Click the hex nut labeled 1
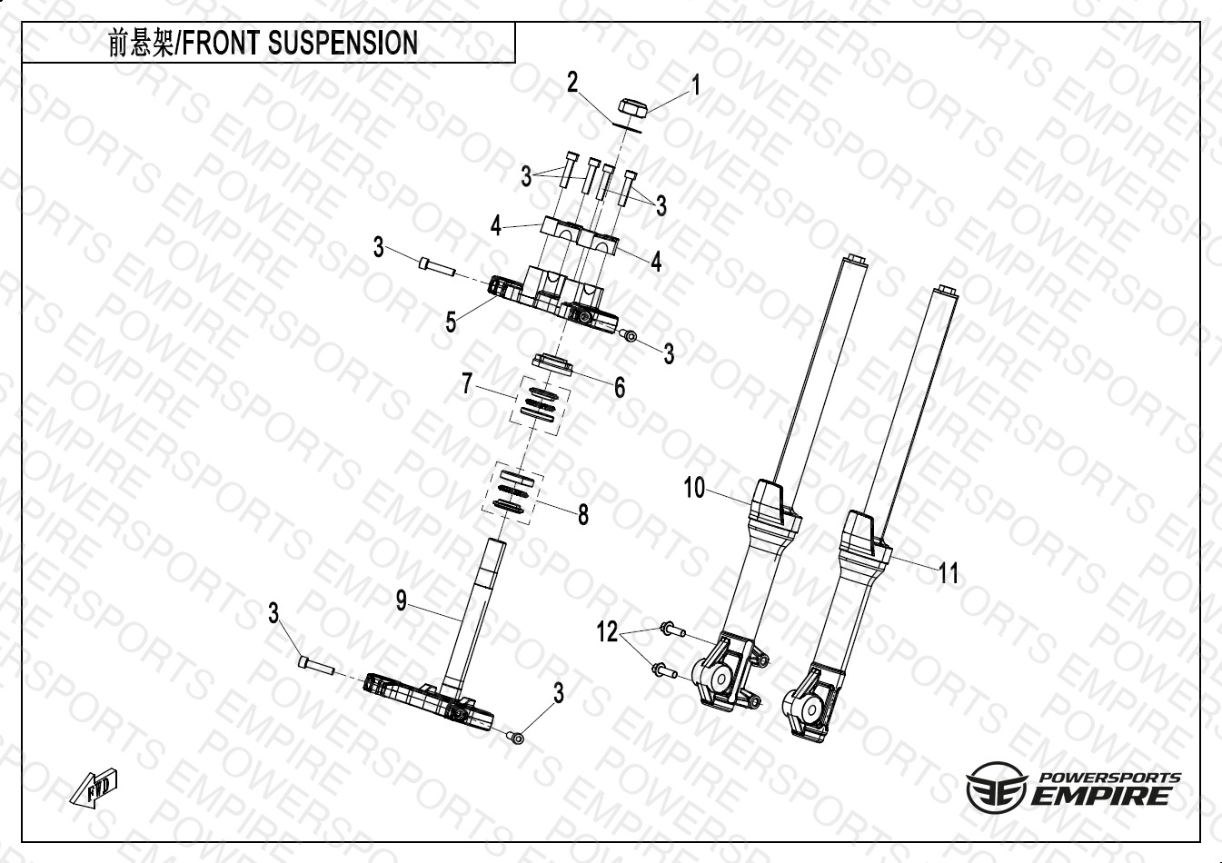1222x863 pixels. point(631,106)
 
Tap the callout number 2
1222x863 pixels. point(571,83)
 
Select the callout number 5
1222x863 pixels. point(451,322)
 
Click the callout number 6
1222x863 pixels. point(620,388)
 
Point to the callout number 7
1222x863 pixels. point(466,383)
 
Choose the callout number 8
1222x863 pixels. point(583,514)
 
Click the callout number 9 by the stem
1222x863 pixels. point(401,600)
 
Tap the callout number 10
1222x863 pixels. point(694,488)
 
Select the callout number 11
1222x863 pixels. point(949,573)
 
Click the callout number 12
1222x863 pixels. point(607,631)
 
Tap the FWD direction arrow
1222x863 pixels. point(94,788)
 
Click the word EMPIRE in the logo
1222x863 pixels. point(1098,796)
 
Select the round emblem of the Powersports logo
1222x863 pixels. point(996,788)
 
